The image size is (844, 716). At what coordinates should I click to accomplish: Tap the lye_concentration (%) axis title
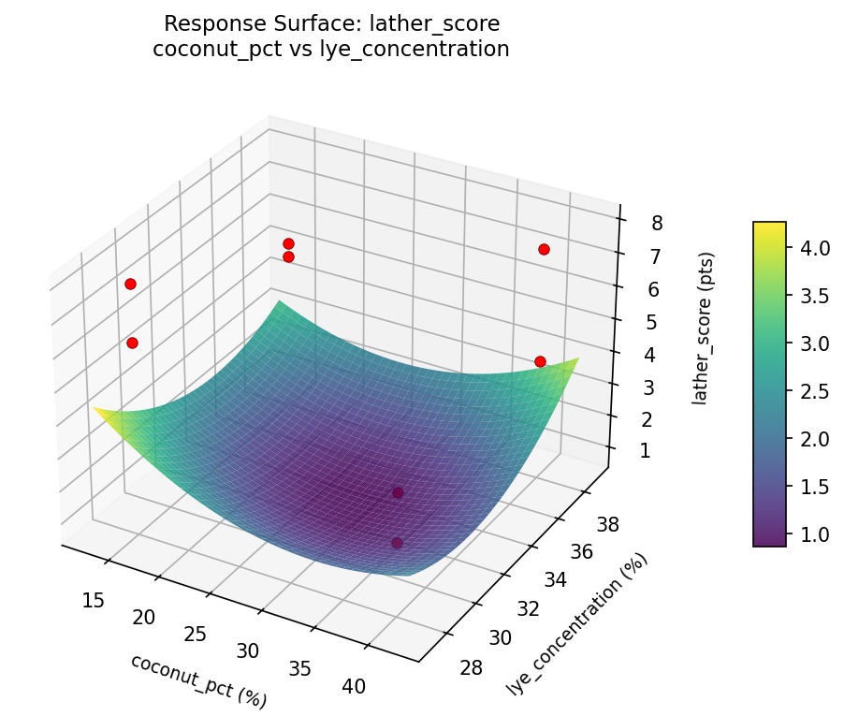pyautogui.click(x=577, y=624)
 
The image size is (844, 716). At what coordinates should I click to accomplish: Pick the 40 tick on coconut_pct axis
pyautogui.click(x=354, y=686)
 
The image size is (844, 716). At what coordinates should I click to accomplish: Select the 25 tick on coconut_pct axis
pyautogui.click(x=195, y=634)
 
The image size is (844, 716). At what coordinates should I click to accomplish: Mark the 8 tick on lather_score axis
pyautogui.click(x=657, y=223)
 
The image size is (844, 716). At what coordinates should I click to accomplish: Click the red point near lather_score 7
pyautogui.click(x=544, y=249)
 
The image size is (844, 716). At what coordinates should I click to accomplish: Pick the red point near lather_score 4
pyautogui.click(x=540, y=361)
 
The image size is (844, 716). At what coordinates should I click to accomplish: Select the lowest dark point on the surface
pyautogui.click(x=397, y=543)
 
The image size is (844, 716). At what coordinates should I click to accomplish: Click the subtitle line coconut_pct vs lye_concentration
pyautogui.click(x=330, y=49)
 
